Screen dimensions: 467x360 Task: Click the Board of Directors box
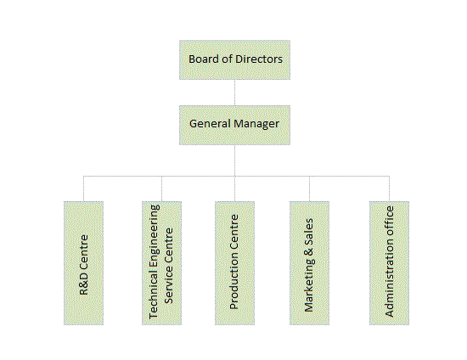click(x=234, y=59)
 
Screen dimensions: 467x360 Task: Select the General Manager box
click(x=234, y=125)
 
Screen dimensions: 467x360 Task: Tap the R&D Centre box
click(x=84, y=263)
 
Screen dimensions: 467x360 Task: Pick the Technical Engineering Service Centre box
click(x=161, y=263)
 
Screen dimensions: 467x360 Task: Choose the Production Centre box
click(x=234, y=263)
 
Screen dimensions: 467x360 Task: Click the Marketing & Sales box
click(x=309, y=263)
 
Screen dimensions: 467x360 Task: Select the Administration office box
click(x=389, y=263)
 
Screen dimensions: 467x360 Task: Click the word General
click(x=210, y=124)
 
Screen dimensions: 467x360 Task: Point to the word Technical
click(x=154, y=297)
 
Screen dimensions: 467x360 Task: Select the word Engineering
click(x=155, y=239)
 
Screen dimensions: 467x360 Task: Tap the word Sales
click(x=308, y=228)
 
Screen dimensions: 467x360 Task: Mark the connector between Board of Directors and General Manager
click(x=234, y=93)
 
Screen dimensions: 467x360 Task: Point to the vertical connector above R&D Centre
click(x=84, y=188)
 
